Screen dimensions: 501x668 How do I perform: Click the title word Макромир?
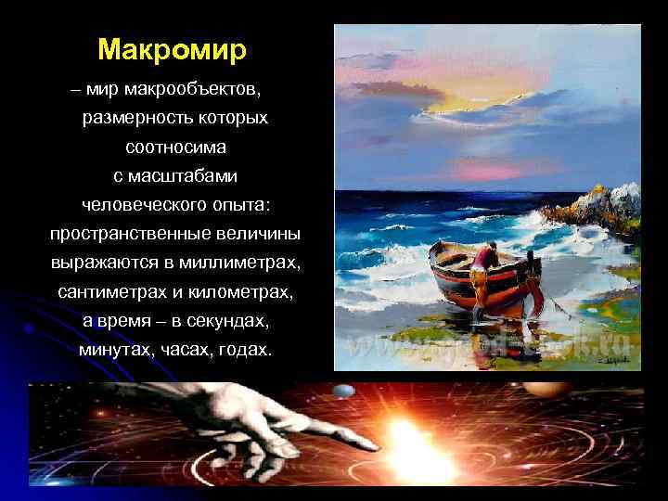(x=172, y=48)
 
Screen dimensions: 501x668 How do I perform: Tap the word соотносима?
(x=175, y=148)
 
